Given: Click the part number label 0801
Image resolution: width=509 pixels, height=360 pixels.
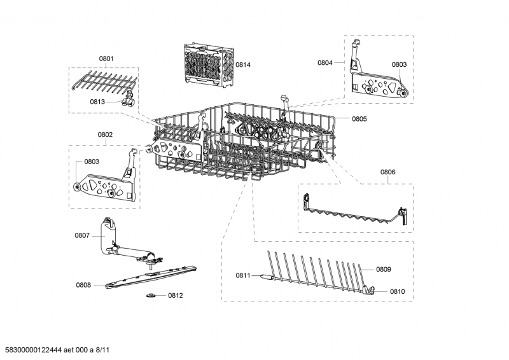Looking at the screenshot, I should click(x=106, y=59).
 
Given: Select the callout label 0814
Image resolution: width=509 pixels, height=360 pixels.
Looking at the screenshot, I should click(x=243, y=65).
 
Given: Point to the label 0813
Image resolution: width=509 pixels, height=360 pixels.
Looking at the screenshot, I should click(x=97, y=101).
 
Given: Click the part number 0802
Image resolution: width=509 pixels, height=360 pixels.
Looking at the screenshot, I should click(x=105, y=135).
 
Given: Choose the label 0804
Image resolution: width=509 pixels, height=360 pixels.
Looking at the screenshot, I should click(x=325, y=62).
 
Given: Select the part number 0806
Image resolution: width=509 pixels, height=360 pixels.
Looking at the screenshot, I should click(x=387, y=172).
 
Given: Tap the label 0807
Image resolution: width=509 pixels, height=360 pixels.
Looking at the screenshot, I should click(x=82, y=235).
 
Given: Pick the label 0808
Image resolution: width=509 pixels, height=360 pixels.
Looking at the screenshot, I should click(x=83, y=285).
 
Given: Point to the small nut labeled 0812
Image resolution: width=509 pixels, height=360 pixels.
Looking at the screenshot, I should click(x=151, y=295).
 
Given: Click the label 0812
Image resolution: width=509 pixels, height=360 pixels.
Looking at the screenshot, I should click(x=175, y=296).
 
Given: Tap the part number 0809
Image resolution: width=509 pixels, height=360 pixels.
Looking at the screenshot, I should click(x=383, y=270).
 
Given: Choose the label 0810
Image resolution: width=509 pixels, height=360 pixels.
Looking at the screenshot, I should click(x=397, y=291).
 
